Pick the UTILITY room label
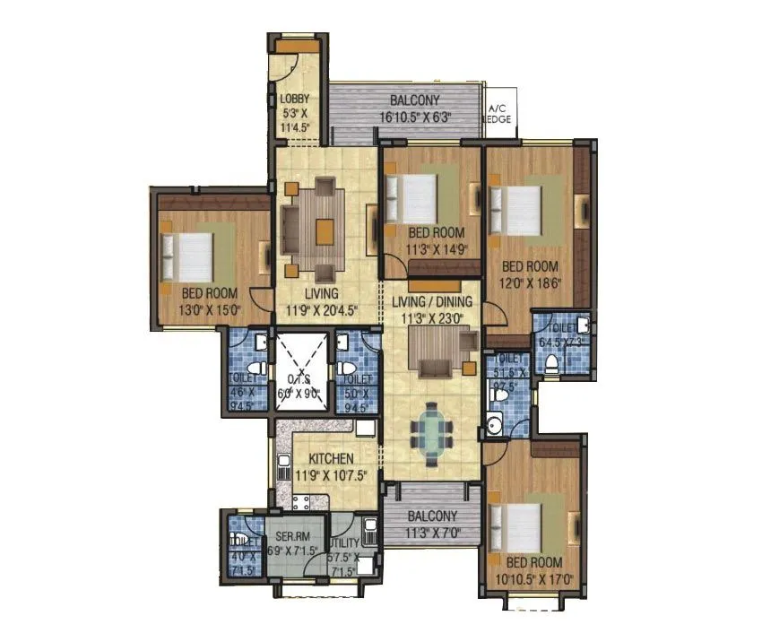343,543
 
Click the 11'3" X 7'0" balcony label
433,516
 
